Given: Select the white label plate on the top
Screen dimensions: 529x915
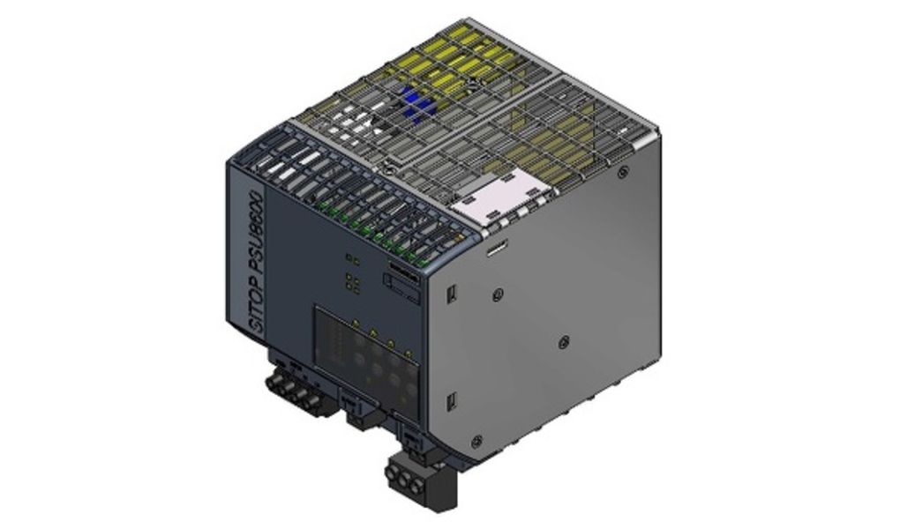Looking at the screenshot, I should point(496,195).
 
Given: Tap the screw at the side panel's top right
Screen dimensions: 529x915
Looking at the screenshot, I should point(623,173).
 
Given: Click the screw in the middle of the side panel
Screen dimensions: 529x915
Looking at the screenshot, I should point(563,338).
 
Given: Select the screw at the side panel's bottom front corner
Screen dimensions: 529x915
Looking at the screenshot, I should point(476,441).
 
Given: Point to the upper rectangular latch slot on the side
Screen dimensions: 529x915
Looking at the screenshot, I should point(451,294).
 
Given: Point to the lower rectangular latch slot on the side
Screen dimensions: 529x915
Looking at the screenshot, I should point(452,401).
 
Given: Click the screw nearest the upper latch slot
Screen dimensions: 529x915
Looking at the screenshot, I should point(499,293).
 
